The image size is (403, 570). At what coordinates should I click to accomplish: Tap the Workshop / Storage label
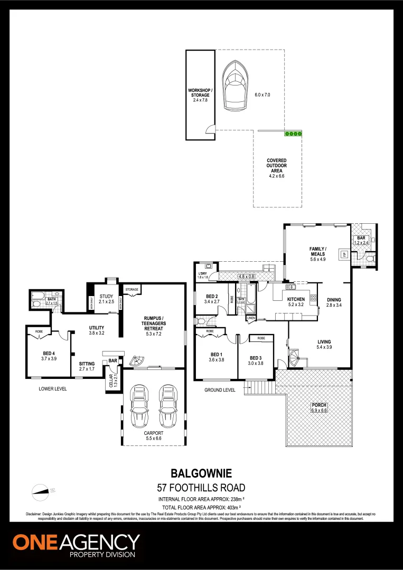(x=200, y=95)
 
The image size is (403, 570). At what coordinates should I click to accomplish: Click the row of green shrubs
(x=293, y=134)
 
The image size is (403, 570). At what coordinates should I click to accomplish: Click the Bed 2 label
(x=212, y=298)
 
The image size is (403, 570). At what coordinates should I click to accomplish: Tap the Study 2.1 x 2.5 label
(x=106, y=299)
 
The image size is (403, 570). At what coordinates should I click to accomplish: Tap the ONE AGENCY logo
(x=76, y=545)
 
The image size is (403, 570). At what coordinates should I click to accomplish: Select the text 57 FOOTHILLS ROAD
(x=201, y=487)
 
